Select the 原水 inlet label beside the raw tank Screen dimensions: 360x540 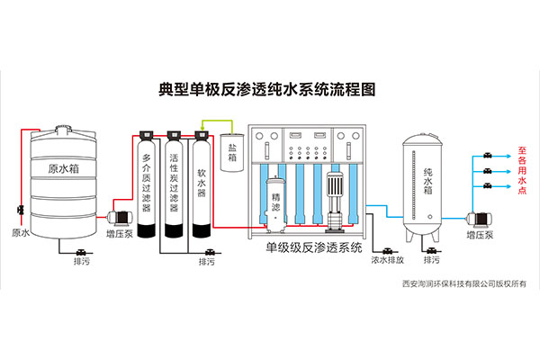point(21,233)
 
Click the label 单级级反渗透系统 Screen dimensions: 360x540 point(314,246)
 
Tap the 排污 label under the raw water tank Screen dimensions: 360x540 point(80,262)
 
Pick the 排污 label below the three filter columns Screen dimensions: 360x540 point(207,262)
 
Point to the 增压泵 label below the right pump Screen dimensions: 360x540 point(482,235)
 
